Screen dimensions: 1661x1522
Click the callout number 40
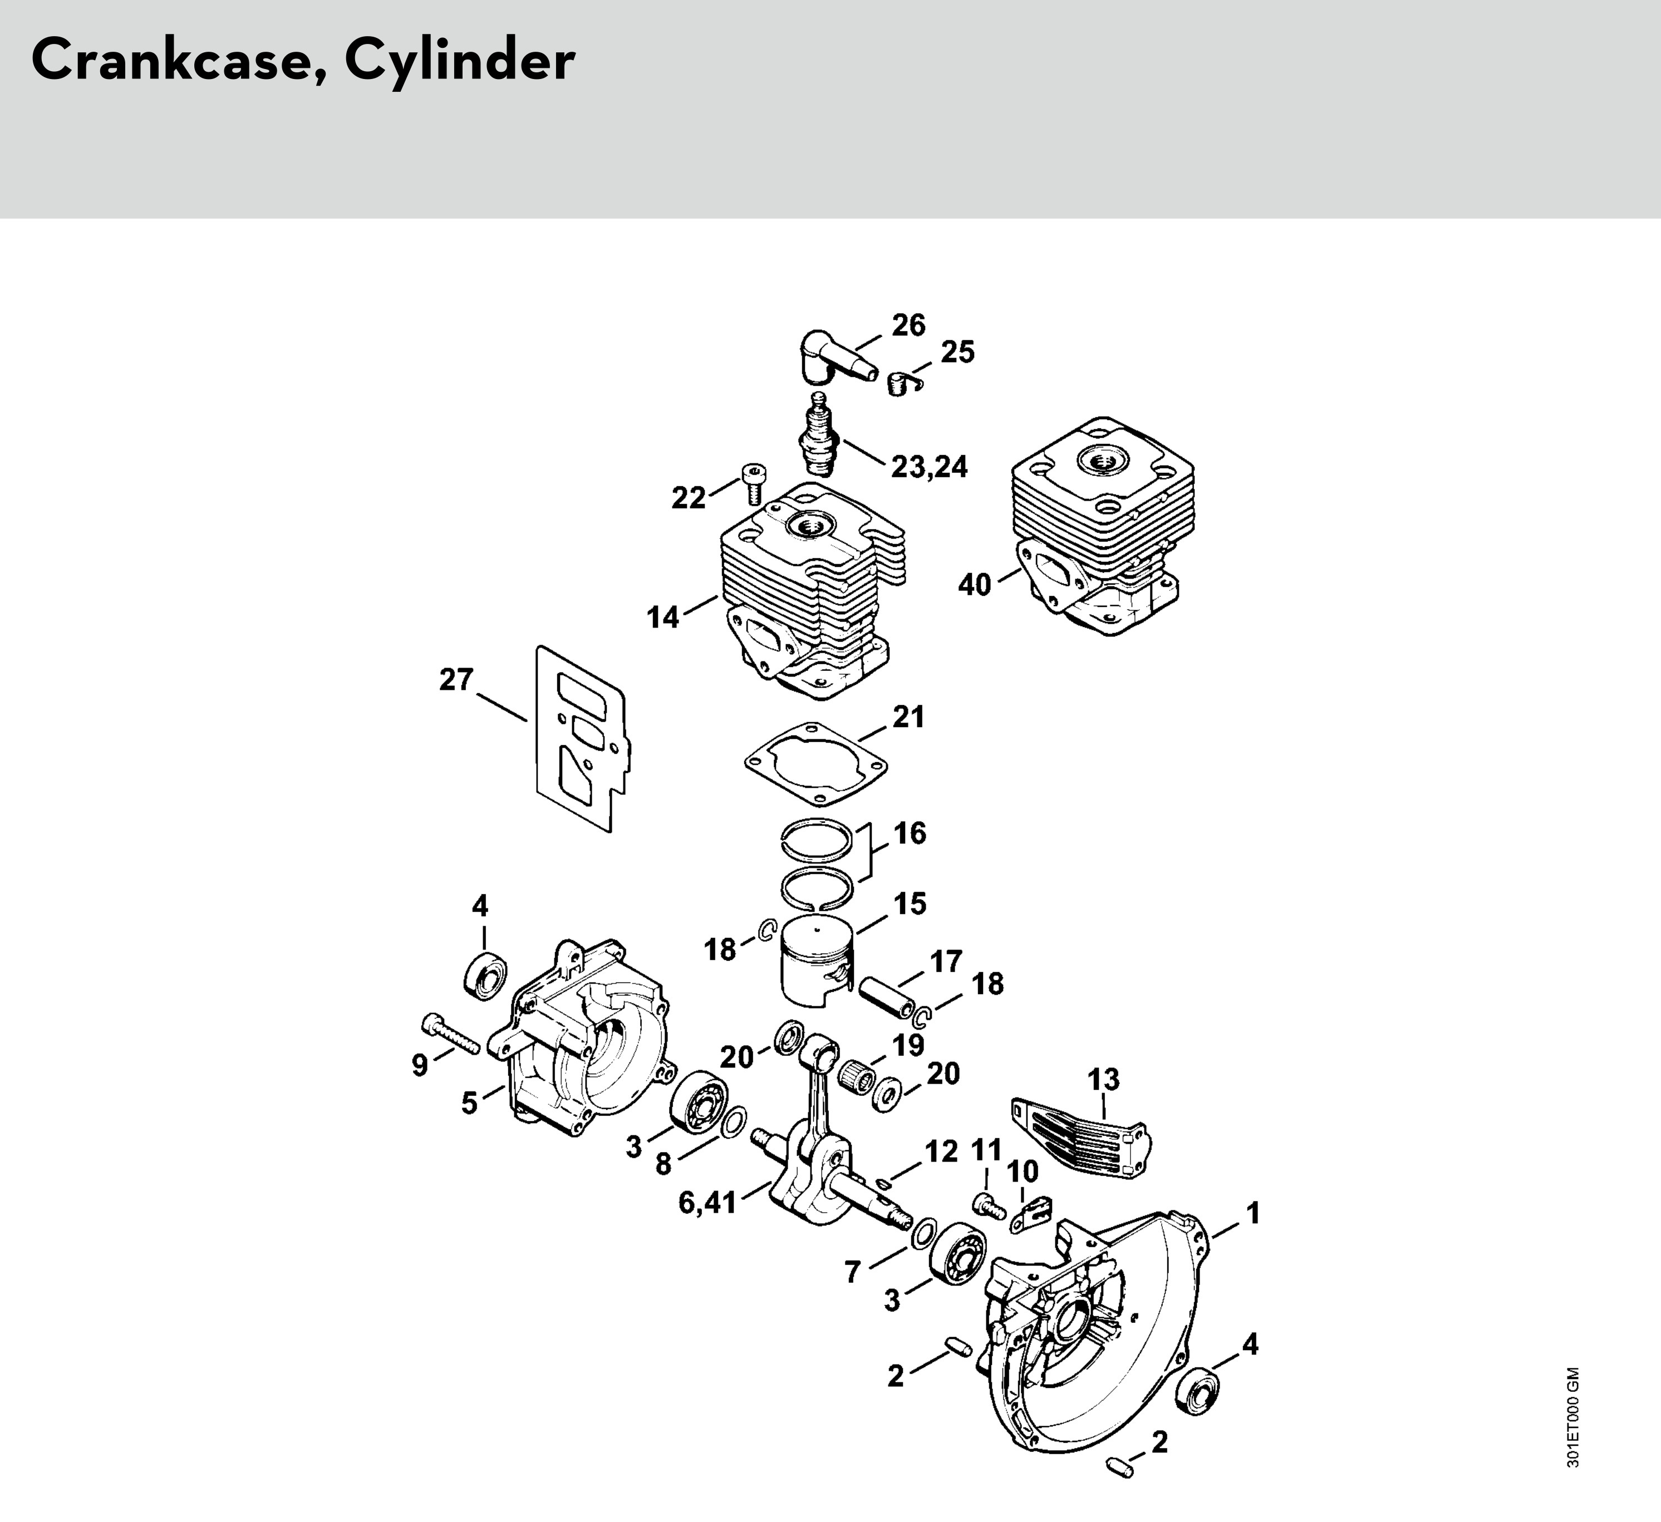975,585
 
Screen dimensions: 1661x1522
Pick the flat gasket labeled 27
582,738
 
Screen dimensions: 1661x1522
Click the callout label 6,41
707,1203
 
